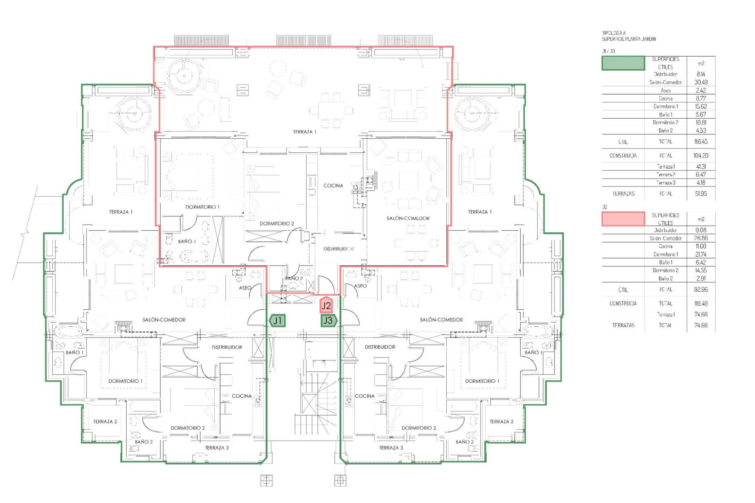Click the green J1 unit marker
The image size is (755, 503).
(x=277, y=321)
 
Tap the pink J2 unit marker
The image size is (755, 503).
(x=326, y=305)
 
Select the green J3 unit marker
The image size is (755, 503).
(x=328, y=321)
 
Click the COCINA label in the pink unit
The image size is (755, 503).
(x=333, y=185)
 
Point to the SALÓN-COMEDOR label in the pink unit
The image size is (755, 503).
(x=408, y=218)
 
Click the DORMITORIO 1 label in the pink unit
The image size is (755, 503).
(x=203, y=207)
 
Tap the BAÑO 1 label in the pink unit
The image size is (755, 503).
(x=187, y=241)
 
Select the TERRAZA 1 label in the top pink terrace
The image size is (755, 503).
(x=305, y=132)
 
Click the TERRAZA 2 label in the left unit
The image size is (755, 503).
(x=105, y=422)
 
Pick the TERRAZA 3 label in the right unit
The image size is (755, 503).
(x=391, y=448)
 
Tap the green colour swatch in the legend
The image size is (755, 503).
(x=623, y=63)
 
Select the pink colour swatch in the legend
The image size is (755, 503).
(x=623, y=219)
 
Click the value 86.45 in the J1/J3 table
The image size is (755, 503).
(x=701, y=141)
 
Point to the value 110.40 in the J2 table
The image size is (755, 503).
(x=701, y=303)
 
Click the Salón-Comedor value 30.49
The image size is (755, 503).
(x=701, y=82)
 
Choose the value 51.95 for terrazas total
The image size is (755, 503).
(x=701, y=194)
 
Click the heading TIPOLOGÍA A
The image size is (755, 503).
(x=614, y=33)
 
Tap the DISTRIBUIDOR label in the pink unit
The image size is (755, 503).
(x=339, y=249)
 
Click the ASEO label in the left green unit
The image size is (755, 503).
(x=245, y=288)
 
